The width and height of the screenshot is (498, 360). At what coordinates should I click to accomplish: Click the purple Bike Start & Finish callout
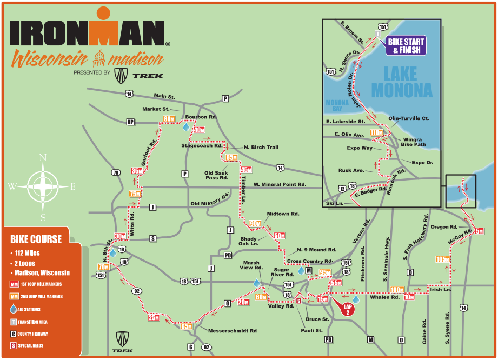(406, 46)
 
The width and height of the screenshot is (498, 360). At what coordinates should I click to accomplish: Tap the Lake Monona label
(400, 82)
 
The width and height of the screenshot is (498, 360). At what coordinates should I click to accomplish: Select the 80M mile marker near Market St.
(169, 119)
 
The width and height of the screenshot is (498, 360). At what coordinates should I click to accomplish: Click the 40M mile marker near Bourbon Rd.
(198, 130)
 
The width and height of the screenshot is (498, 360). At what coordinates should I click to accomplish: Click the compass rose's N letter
(43, 158)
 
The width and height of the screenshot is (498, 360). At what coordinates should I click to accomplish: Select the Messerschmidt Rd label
(233, 330)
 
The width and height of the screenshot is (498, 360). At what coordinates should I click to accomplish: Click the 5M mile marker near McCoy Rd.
(479, 231)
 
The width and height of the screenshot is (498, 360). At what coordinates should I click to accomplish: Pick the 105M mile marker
(442, 259)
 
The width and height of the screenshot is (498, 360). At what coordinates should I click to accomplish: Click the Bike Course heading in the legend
(36, 239)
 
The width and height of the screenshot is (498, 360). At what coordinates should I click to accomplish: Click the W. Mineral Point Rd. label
(280, 184)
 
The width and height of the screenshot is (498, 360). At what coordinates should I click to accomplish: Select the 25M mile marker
(154, 317)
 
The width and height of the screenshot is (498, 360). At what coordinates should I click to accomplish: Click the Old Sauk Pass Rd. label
(216, 175)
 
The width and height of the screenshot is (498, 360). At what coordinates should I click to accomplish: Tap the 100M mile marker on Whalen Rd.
(397, 290)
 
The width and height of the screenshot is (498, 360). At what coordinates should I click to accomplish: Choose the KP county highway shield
(130, 122)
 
